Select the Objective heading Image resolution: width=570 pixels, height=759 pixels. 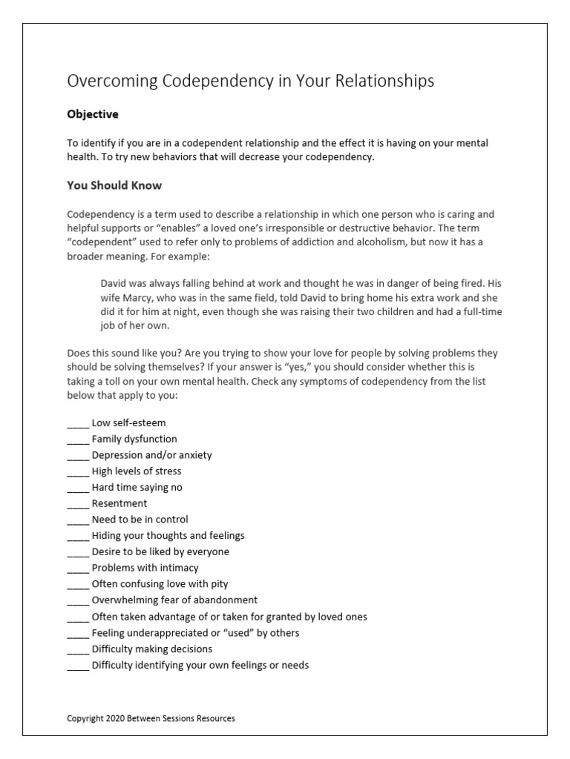[x=93, y=115]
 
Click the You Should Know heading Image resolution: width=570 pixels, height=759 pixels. [x=114, y=185]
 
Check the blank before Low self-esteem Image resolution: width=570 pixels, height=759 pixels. [x=78, y=423]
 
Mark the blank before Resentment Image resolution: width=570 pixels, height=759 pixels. [x=78, y=504]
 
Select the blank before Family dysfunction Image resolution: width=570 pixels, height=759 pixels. [x=78, y=440]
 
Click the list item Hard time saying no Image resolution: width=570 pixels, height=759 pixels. [x=137, y=488]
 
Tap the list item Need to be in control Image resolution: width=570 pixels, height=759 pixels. [x=140, y=520]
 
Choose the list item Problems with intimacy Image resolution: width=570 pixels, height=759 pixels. [x=145, y=568]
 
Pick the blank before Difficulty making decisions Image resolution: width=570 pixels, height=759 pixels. [x=78, y=649]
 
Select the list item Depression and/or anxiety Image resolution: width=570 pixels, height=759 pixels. [x=151, y=455]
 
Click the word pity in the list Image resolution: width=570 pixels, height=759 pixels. [x=219, y=584]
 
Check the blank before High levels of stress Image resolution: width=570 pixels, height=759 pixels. [x=78, y=471]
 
